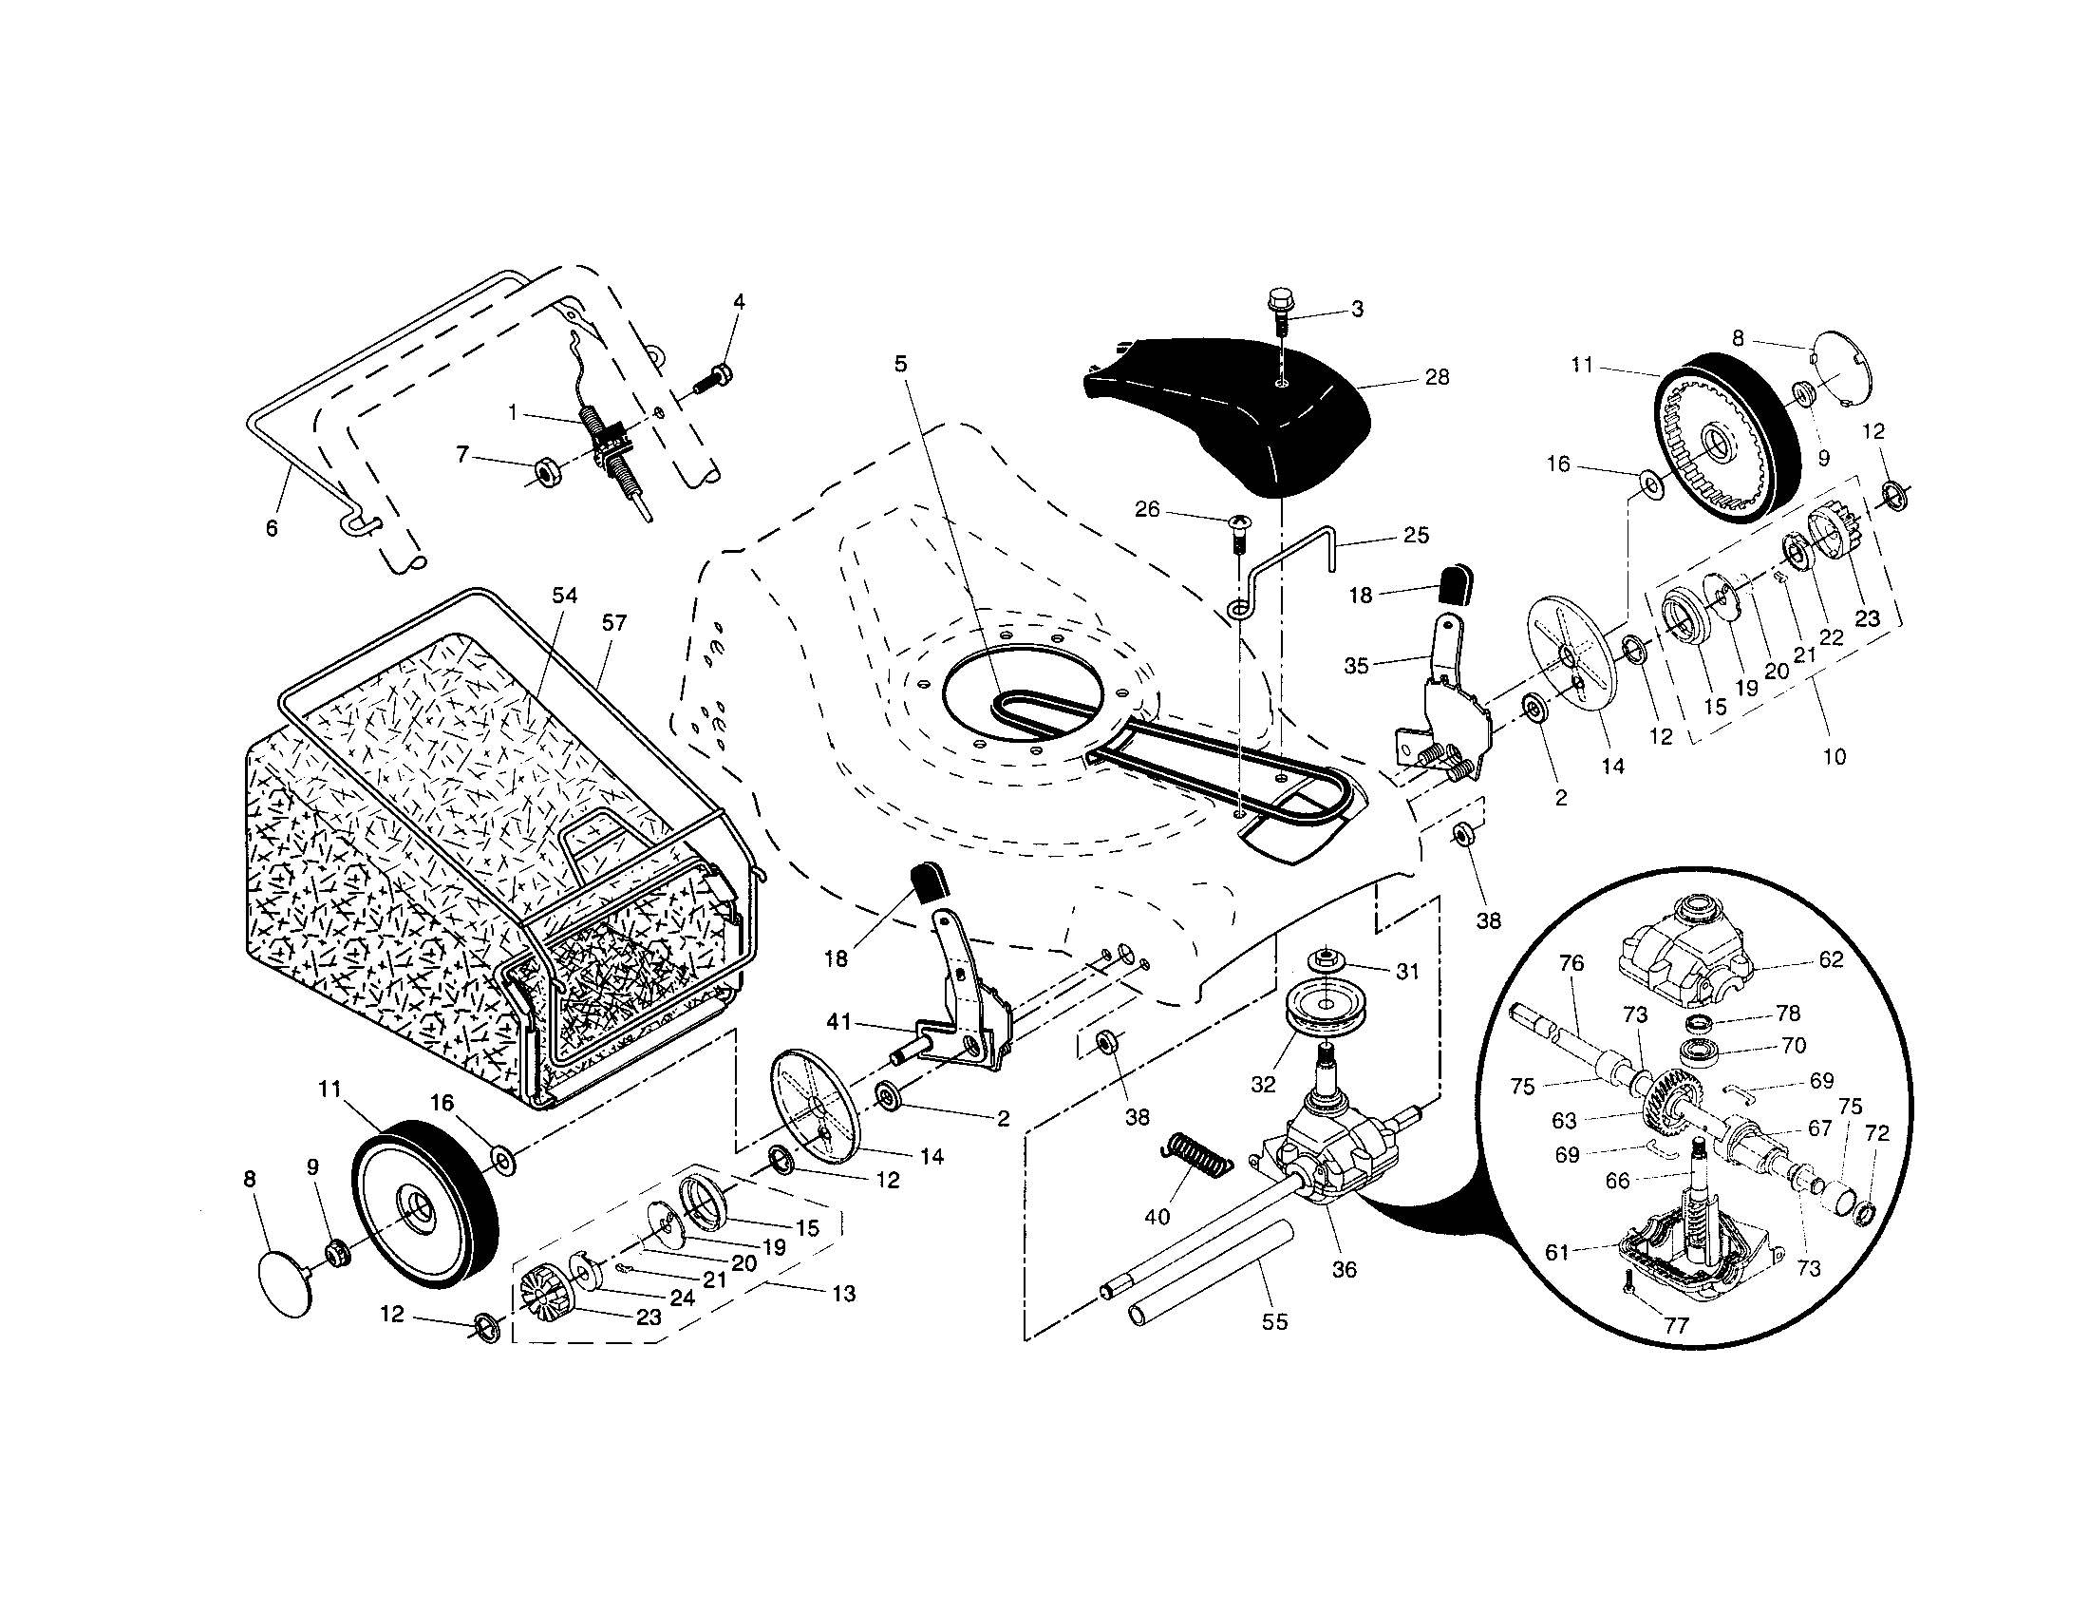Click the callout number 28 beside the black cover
tap(1437, 377)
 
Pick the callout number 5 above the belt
tap(900, 364)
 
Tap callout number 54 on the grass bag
tap(564, 595)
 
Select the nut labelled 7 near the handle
tap(548, 471)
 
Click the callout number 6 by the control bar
tap(272, 528)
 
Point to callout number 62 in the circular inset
tap(1830, 959)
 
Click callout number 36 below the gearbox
tap(1344, 1269)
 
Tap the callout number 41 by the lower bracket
tap(838, 1023)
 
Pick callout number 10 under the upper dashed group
tap(1834, 757)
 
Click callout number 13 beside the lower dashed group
tap(843, 1294)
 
